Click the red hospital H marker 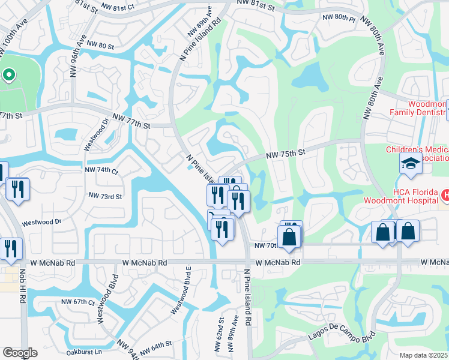[x=445, y=194]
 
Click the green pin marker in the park [x=8, y=75]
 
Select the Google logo [x=20, y=353]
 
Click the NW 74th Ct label [x=101, y=170]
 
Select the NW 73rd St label [x=105, y=196]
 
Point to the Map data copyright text [x=424, y=355]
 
